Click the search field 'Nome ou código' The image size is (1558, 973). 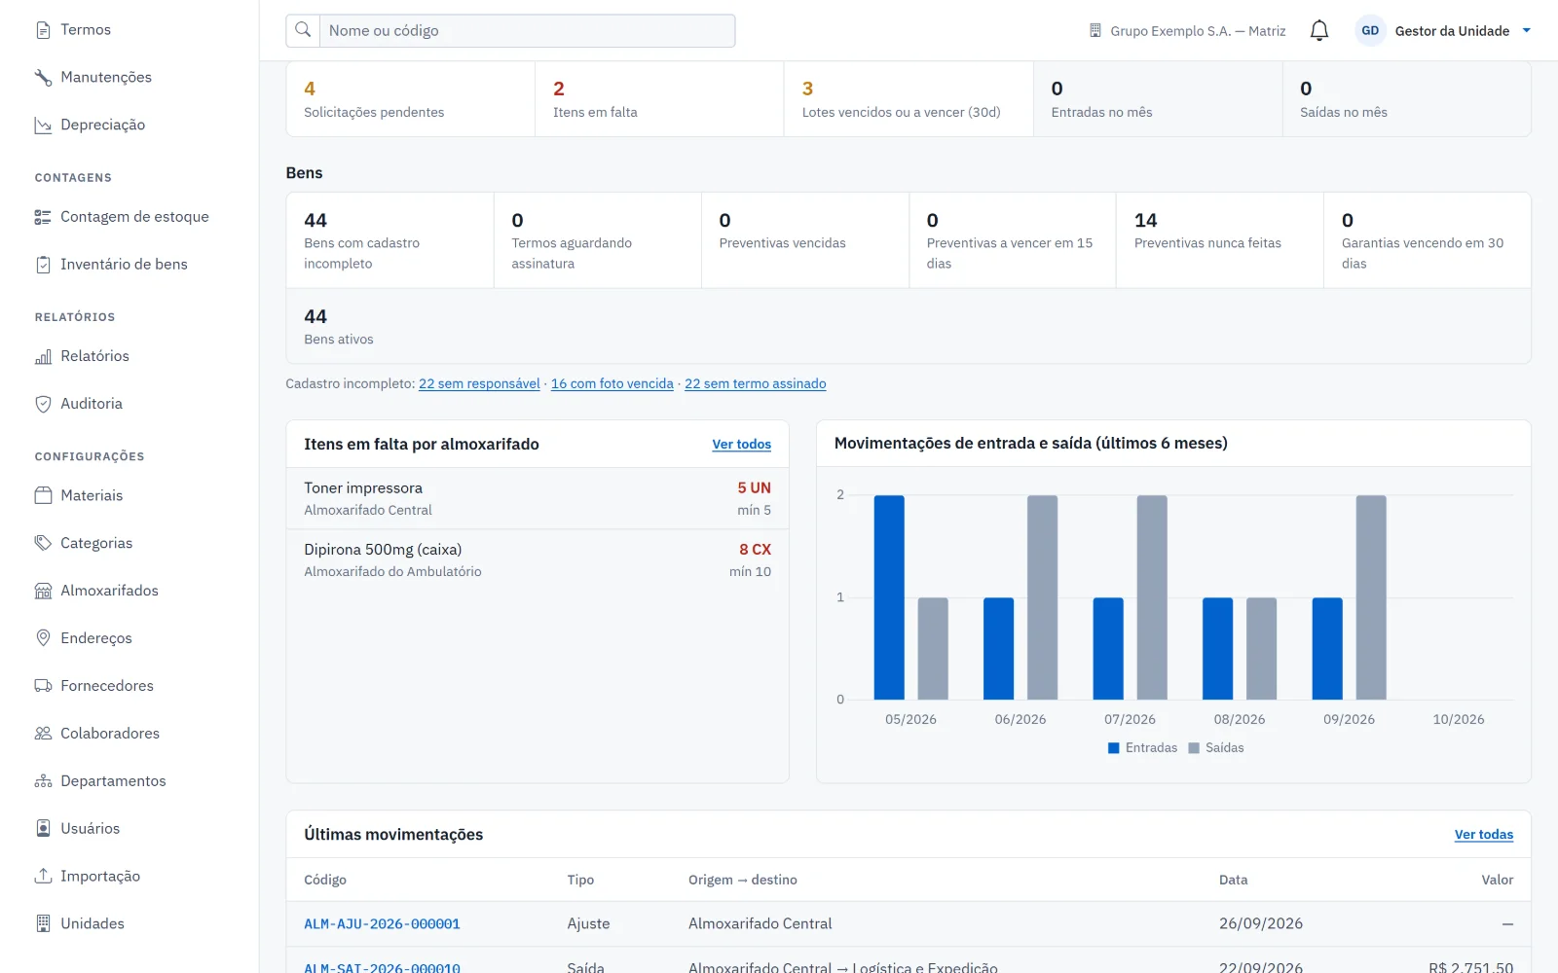pos(527,30)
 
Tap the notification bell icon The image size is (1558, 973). pos(1318,30)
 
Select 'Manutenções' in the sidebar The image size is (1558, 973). pos(106,77)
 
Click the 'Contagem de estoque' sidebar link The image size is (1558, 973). pos(134,217)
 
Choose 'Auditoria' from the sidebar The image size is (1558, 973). pos(92,404)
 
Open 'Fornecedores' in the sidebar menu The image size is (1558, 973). pos(106,686)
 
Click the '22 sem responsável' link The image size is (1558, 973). pos(479,383)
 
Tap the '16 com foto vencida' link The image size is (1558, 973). pos(612,383)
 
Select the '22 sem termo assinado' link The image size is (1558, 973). pos(756,383)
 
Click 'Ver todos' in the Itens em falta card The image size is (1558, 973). pos(741,444)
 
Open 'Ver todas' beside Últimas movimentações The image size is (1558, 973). pos(1484,835)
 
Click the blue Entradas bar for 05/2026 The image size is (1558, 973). pos(889,597)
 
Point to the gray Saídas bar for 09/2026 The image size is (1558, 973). pos(1371,597)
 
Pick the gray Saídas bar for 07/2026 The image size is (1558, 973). pos(1152,597)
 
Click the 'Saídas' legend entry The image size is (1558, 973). pos(1216,748)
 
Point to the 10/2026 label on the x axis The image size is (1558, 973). pos(1458,719)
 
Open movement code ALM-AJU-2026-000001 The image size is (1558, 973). pos(382,923)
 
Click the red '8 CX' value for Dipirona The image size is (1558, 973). pos(755,549)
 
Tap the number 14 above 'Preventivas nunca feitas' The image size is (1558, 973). pos(1145,220)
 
